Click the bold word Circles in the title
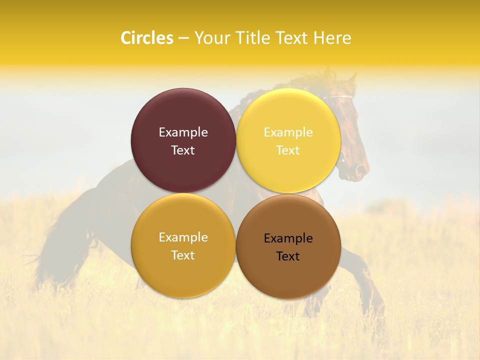coord(146,38)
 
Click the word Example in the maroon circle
coord(183,132)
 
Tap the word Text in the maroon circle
coord(183,150)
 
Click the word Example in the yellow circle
coord(288,132)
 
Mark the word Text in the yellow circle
coord(288,150)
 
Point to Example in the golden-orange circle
coord(183,237)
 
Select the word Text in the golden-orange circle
coord(183,255)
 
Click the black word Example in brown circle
coord(288,238)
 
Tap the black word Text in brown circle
coord(288,256)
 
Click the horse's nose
coord(361,172)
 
